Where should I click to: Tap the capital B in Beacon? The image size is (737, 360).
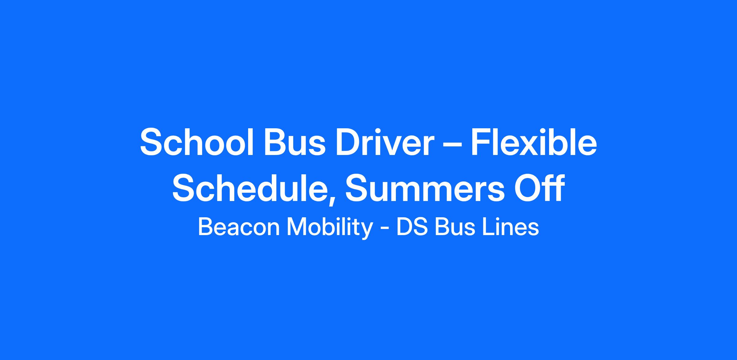point(206,227)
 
